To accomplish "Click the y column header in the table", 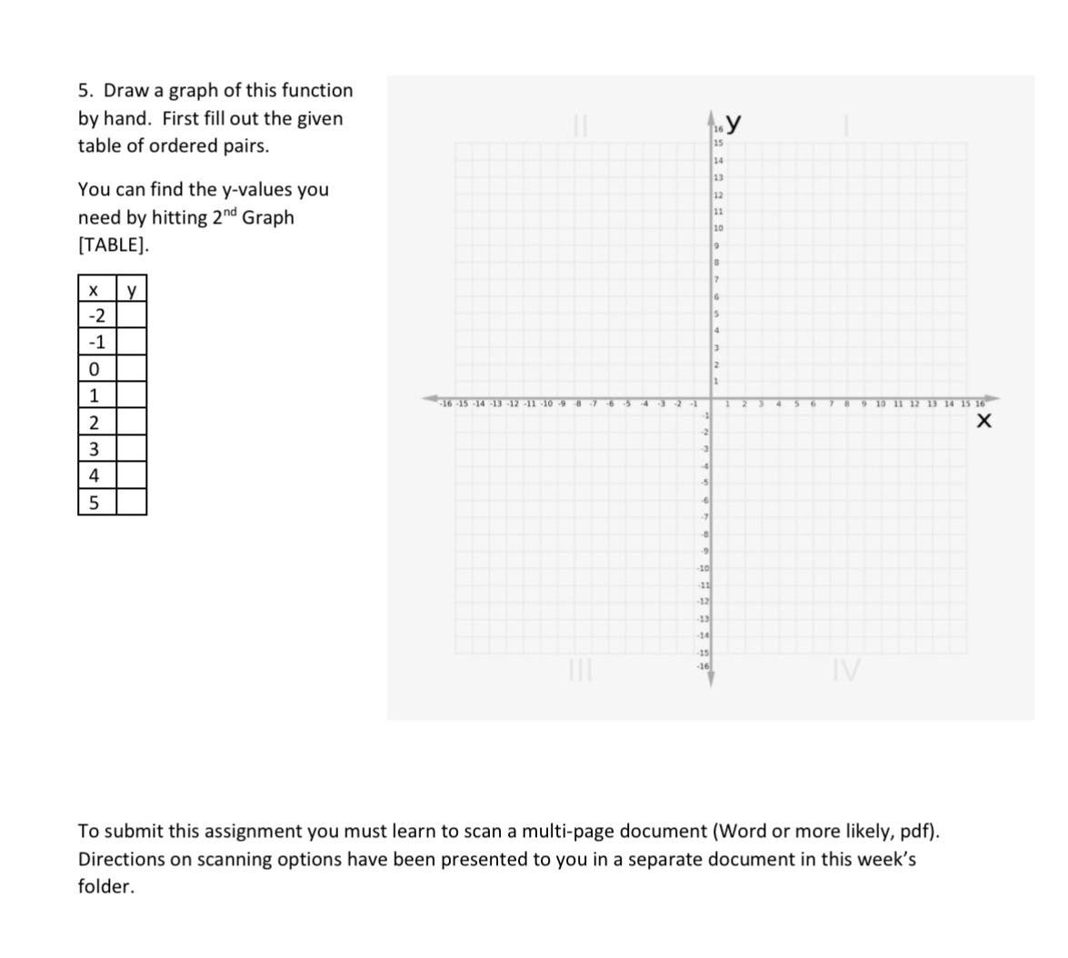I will [131, 291].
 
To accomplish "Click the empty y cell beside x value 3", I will [131, 448].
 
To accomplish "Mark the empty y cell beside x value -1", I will [131, 342].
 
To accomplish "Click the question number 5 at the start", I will [84, 91].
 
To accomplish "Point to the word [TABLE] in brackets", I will [114, 245].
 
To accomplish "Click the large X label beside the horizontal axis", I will [983, 423].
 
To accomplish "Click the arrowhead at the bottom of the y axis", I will [714, 679].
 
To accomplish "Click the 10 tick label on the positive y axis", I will [718, 227].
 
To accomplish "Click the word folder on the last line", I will [105, 887].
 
